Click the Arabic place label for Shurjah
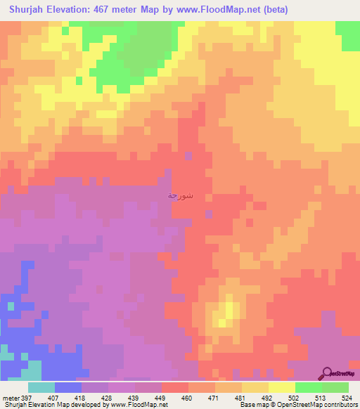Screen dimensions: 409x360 181,195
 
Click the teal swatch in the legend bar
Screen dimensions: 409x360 41,387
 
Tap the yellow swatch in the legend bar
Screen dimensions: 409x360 282,387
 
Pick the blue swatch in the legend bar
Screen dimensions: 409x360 68,387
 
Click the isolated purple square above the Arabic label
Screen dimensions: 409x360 188,155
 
